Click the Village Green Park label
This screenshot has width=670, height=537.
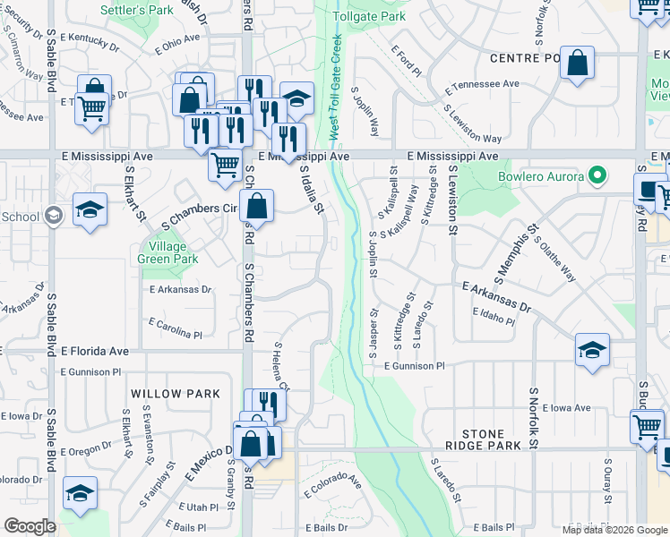[167, 252]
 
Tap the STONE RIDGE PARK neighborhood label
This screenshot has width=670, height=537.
[485, 439]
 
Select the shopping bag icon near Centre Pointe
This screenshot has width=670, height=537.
[578, 64]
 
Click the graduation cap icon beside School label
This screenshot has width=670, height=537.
[90, 209]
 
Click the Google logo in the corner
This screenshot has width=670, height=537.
[29, 526]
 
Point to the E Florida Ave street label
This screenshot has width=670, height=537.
[95, 351]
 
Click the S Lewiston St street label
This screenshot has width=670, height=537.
[453, 201]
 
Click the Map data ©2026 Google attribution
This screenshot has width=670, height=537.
[614, 530]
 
